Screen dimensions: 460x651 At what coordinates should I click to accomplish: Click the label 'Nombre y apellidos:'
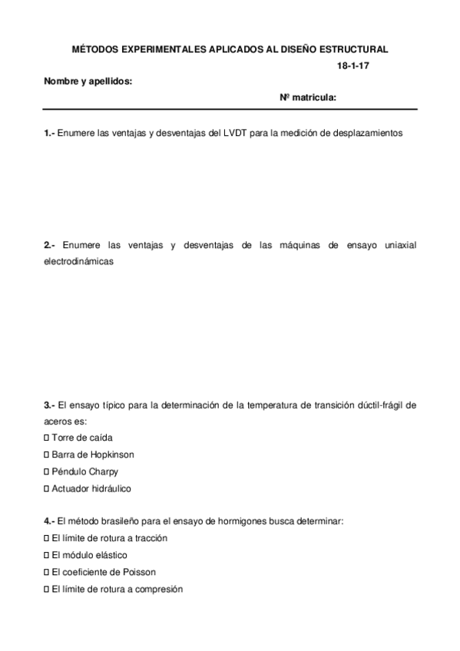[x=88, y=81]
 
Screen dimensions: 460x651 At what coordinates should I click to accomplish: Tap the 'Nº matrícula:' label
[x=308, y=97]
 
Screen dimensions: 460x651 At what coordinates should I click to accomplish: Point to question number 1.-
[x=50, y=133]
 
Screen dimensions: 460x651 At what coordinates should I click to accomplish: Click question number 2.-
[x=50, y=245]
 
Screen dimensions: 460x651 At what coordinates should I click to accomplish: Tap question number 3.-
[x=50, y=404]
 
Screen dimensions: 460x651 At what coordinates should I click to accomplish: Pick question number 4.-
[x=50, y=521]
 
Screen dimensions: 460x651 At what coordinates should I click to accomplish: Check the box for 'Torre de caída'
[x=47, y=438]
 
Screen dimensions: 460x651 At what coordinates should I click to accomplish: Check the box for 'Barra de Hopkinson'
[x=47, y=454]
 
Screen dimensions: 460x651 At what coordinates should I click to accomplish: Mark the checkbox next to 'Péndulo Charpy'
[x=47, y=471]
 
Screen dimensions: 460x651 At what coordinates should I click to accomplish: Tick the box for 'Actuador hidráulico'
[x=47, y=488]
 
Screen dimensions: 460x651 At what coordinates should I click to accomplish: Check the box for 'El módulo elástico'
[x=47, y=555]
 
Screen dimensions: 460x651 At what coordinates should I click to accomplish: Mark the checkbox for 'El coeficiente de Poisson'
[x=47, y=572]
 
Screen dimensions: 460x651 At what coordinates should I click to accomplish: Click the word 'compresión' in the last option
[x=159, y=589]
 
